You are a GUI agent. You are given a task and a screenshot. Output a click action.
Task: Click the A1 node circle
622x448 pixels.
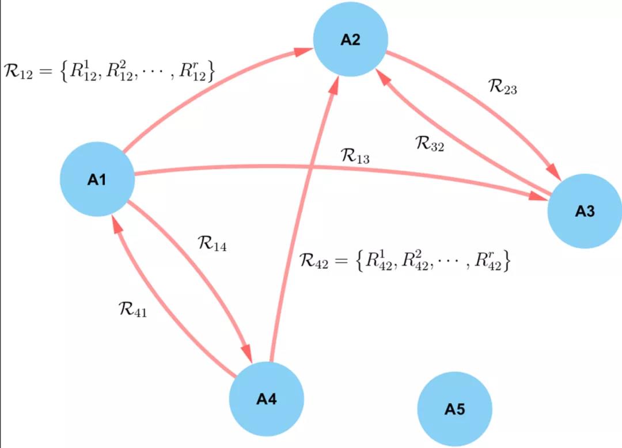tap(97, 179)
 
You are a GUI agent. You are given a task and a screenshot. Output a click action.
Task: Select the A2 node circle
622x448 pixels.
tap(350, 39)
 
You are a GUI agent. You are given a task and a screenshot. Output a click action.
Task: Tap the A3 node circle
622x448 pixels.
tap(584, 211)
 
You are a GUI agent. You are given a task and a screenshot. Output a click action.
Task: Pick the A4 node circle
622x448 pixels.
tap(266, 399)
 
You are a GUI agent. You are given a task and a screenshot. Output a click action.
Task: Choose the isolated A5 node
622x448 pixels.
tap(454, 409)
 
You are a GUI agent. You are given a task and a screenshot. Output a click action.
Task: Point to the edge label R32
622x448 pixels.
tap(430, 143)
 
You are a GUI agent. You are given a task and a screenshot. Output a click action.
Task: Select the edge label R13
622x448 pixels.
tap(355, 156)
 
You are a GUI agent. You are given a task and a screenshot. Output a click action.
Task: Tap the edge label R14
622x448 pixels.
tap(212, 243)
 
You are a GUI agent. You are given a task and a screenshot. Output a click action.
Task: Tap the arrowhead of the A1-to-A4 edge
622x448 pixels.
tap(248, 351)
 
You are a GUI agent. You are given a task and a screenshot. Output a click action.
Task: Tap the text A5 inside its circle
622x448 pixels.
tap(454, 409)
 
